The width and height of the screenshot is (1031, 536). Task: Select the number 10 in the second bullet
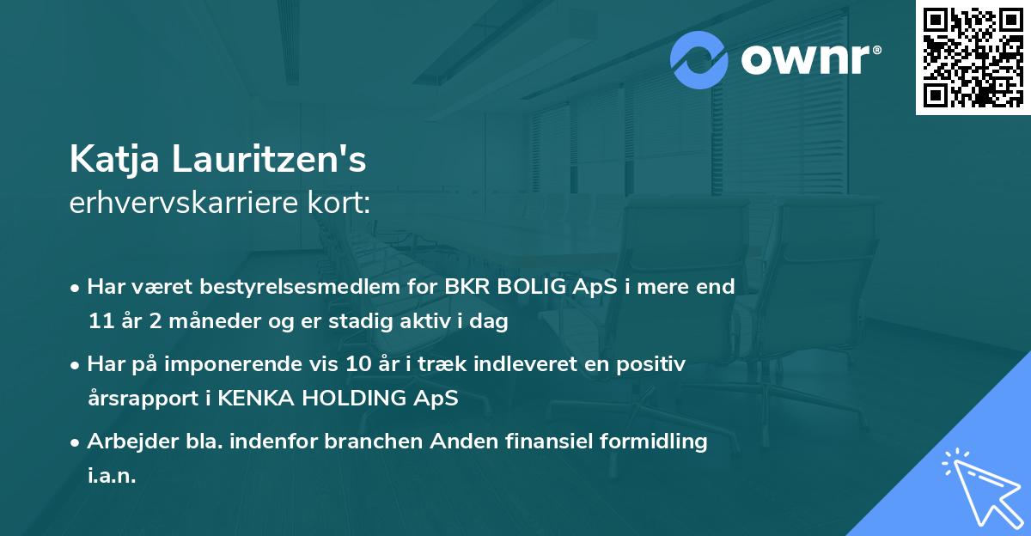click(x=357, y=364)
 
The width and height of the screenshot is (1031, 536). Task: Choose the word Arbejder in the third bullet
click(x=126, y=442)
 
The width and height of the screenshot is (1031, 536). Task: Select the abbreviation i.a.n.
click(x=112, y=477)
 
